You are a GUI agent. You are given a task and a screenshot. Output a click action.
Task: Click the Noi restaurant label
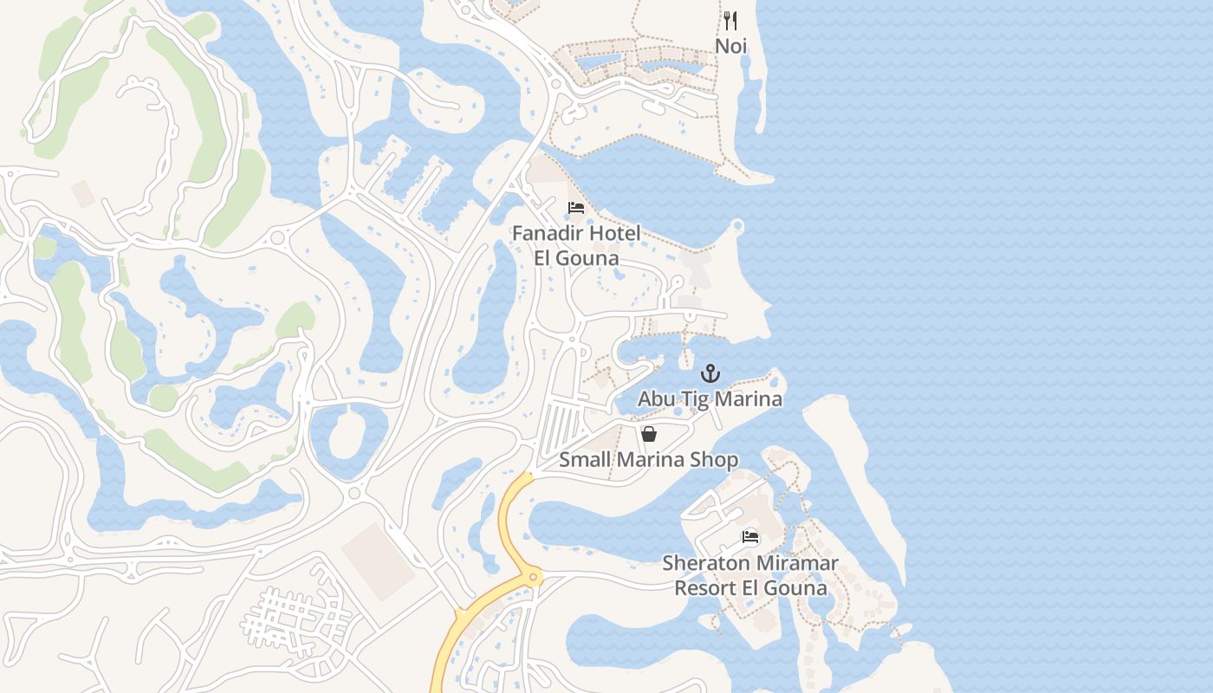[730, 46]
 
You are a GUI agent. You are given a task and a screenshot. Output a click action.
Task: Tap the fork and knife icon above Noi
[730, 21]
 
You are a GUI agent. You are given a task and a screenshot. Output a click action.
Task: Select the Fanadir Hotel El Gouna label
[576, 245]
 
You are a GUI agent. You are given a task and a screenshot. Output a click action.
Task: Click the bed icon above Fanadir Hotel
[575, 208]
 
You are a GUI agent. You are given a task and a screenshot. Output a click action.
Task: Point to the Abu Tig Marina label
[710, 398]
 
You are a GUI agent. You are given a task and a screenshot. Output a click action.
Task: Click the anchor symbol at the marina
[710, 374]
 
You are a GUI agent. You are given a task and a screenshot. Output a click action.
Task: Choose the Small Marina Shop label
[648, 459]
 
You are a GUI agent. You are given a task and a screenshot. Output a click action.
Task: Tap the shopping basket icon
[648, 434]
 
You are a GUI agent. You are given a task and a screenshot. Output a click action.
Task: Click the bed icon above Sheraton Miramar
[750, 537]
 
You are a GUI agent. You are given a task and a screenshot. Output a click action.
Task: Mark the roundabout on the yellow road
[534, 576]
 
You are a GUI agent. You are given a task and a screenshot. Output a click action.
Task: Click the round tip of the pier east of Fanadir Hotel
[737, 227]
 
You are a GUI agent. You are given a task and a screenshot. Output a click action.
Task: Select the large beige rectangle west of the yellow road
[379, 560]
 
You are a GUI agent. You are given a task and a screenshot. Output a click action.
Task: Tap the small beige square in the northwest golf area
[83, 193]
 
